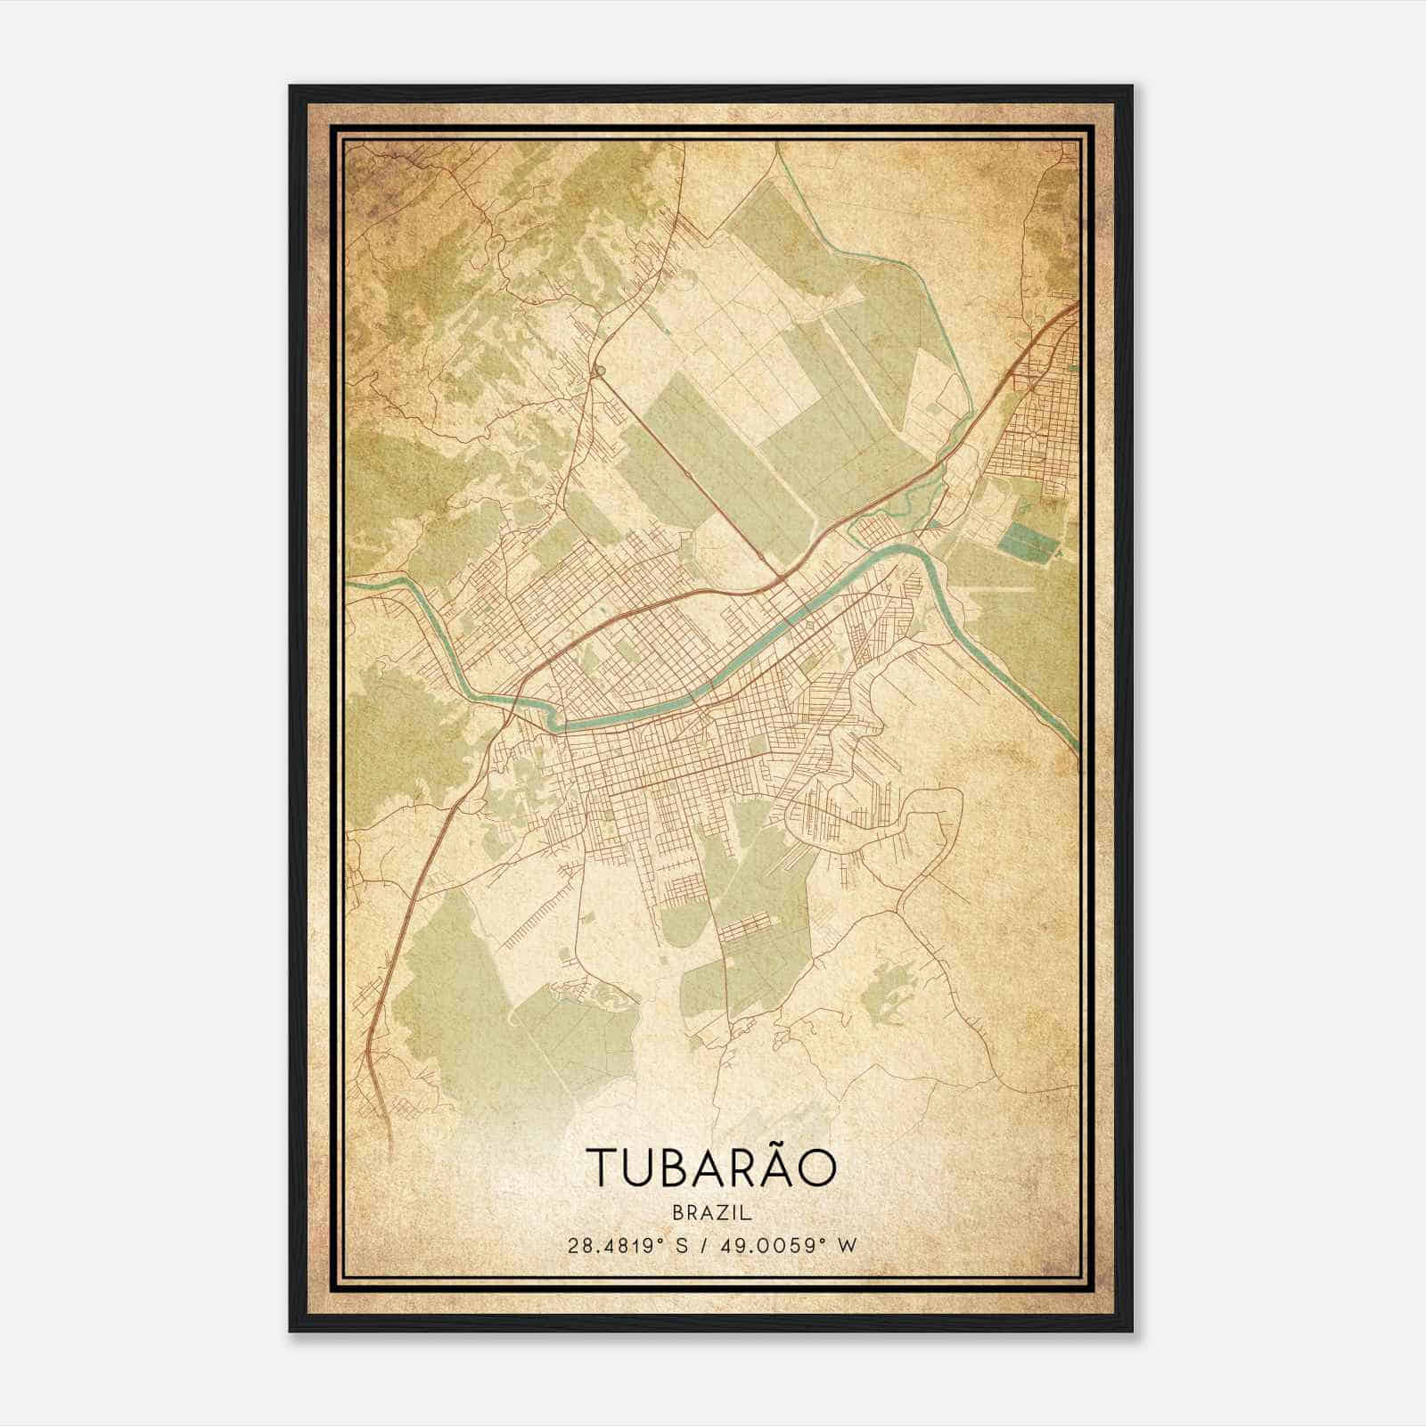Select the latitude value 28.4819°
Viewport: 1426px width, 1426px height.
(617, 1245)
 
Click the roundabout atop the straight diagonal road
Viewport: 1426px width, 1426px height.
(600, 371)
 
